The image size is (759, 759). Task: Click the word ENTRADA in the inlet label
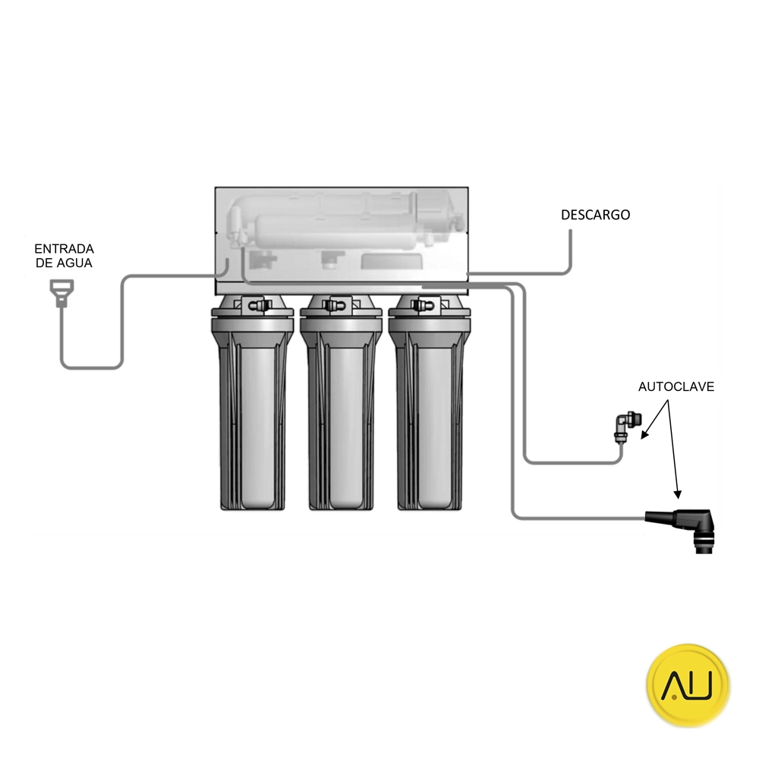click(64, 249)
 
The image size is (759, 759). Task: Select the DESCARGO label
click(595, 215)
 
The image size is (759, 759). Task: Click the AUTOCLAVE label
click(676, 387)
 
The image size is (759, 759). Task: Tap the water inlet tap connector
click(62, 293)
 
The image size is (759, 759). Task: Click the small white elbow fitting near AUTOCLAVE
click(628, 427)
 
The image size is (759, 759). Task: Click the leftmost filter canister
click(252, 407)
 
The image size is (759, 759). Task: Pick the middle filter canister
click(342, 407)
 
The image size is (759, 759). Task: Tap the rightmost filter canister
click(430, 407)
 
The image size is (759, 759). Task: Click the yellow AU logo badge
click(688, 685)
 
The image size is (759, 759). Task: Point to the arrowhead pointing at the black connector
click(678, 494)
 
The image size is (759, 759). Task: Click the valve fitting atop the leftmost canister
click(257, 306)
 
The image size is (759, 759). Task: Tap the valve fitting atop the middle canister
click(334, 306)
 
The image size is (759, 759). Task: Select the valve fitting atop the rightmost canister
click(423, 306)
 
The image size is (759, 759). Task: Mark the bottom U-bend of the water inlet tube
click(91, 367)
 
